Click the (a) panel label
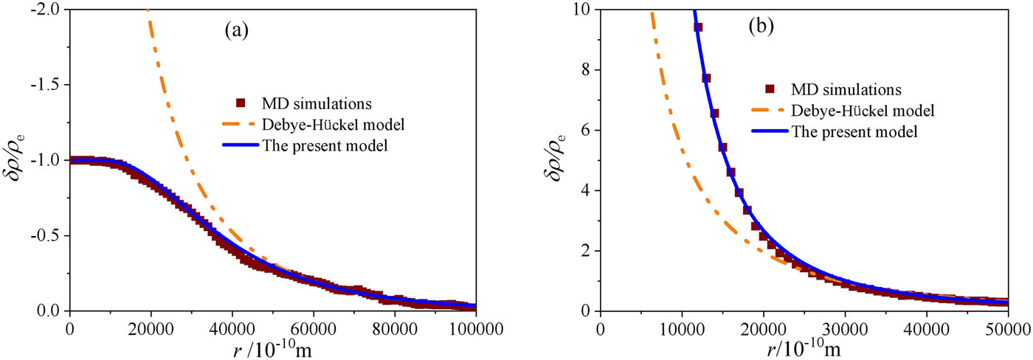237,30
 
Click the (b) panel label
761,27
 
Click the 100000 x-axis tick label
476,329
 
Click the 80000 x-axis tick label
395,329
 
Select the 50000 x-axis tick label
1008,329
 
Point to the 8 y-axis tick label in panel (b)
584,69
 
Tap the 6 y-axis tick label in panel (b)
584,130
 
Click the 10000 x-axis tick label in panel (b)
682,329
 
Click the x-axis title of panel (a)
272,350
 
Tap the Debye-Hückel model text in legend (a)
333,125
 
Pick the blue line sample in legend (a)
241,145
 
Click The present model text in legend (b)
854,131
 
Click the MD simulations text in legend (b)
846,89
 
